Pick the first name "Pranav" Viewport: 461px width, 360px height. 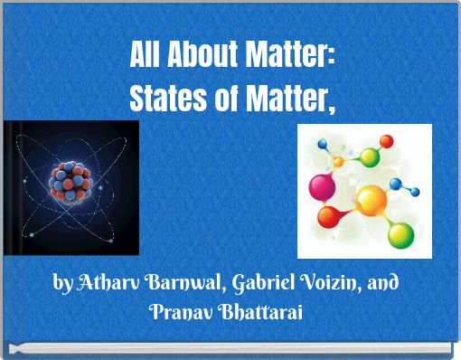(180, 312)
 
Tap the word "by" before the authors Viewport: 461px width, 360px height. (62, 285)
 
